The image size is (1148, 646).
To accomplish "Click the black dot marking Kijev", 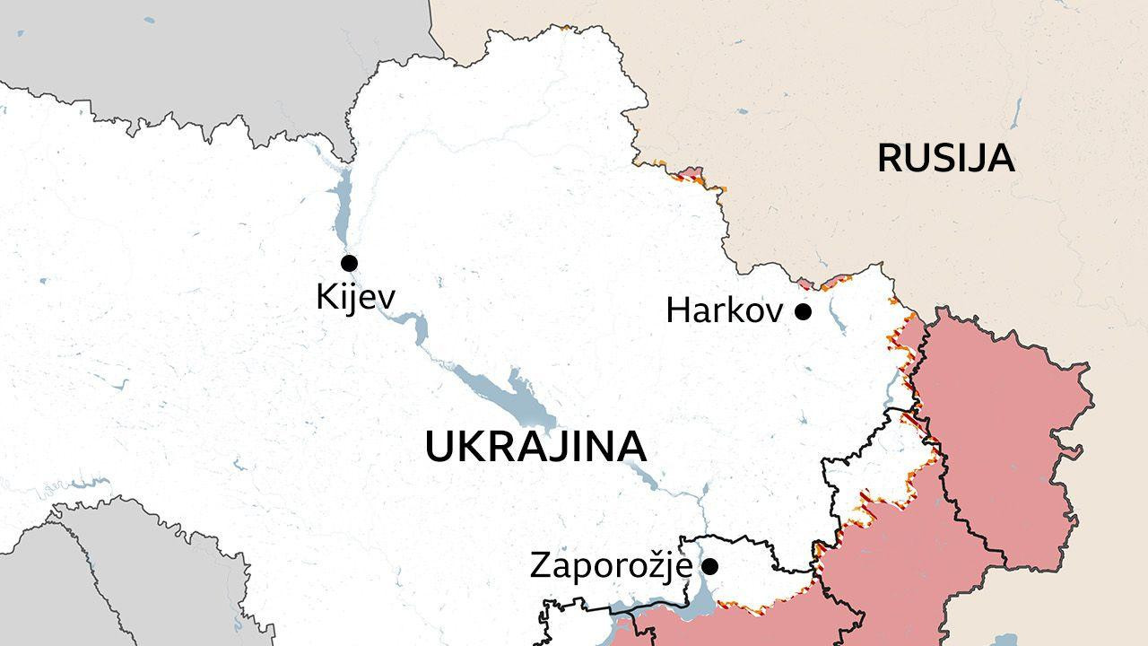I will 349,263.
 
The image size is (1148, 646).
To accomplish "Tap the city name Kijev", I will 355,297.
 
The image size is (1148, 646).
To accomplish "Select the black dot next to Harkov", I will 804,311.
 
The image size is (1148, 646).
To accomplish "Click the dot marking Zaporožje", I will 709,566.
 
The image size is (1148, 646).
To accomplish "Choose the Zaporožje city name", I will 611,566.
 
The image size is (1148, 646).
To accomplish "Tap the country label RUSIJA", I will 945,158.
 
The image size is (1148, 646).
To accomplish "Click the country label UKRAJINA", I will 535,447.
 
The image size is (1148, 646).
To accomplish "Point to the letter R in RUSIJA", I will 890,158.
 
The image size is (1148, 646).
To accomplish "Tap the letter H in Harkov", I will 678,311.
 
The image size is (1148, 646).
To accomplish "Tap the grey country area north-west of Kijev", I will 179,45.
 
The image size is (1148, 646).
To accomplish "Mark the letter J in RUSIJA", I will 977,158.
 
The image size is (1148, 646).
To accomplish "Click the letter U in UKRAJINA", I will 439,447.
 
